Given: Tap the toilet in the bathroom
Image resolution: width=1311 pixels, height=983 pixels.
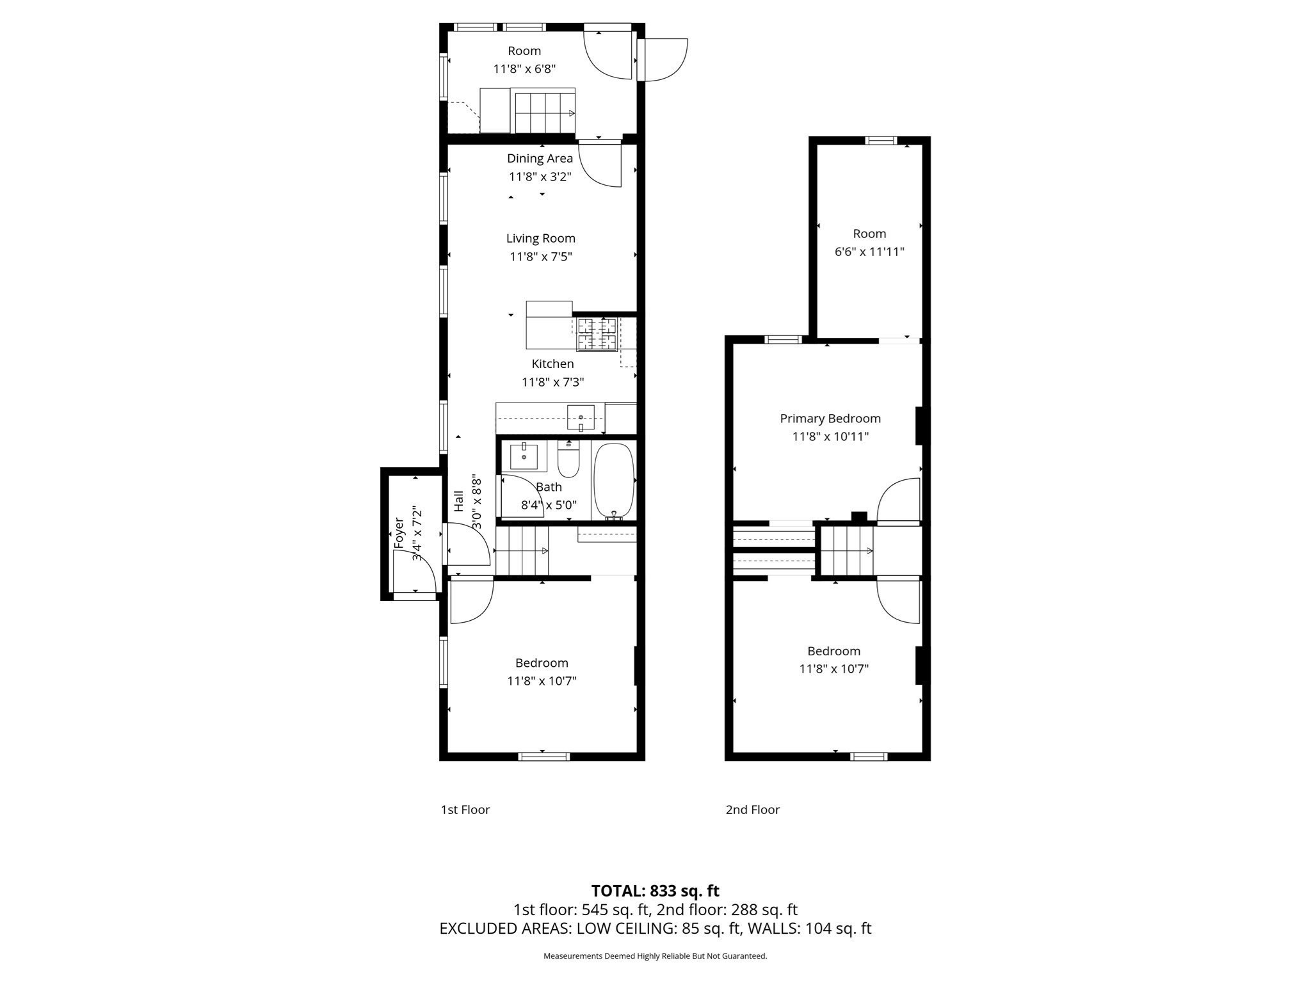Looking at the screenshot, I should (568, 458).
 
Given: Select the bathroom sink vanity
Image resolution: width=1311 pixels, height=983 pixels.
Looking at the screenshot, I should (524, 456).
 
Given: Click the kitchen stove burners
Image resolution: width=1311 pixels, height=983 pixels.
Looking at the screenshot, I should (597, 334).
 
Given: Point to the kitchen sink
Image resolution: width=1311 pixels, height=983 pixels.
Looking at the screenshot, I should (581, 417).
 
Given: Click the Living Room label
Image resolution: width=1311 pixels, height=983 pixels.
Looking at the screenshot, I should (541, 238).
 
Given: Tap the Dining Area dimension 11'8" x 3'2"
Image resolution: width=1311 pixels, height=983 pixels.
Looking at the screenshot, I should (540, 177).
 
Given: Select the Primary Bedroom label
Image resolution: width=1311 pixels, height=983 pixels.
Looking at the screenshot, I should (830, 419).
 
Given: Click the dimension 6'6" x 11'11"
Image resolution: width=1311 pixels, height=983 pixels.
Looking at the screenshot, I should (869, 252).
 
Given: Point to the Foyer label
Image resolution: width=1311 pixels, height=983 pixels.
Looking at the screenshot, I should (399, 532).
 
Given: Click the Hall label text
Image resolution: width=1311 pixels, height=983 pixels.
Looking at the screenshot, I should (459, 501).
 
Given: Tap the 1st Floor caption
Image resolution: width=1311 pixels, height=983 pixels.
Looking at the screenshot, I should (465, 810).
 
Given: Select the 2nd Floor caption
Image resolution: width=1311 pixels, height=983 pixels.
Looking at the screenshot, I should (753, 810).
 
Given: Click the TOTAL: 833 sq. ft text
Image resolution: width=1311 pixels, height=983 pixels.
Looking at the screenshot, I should (655, 891).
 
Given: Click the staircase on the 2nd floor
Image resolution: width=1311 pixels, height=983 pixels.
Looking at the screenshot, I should (847, 550).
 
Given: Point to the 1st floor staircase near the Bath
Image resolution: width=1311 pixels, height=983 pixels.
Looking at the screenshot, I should (522, 550).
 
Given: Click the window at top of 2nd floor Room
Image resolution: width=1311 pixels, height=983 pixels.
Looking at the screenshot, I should (881, 141).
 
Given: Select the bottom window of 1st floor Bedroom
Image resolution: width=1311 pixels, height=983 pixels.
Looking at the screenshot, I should (543, 756).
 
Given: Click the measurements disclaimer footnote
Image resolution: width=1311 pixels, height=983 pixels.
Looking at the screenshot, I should (655, 956).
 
